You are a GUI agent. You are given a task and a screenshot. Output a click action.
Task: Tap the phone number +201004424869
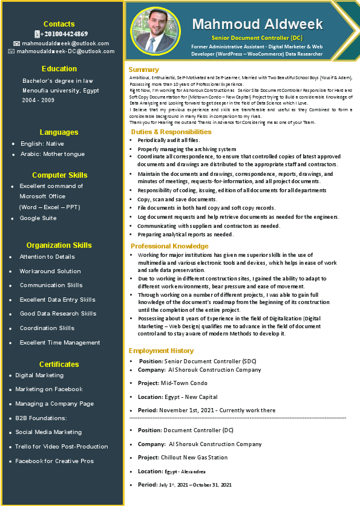click(64, 34)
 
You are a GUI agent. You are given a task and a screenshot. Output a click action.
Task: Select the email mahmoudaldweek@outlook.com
click(65, 44)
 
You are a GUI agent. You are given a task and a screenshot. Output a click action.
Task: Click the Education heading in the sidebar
click(59, 69)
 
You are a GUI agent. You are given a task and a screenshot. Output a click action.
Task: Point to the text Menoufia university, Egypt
click(61, 90)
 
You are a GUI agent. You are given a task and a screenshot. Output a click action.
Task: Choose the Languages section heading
click(59, 132)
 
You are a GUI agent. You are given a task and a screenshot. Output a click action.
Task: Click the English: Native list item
click(42, 144)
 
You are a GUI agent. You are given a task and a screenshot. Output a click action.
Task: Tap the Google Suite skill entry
click(38, 218)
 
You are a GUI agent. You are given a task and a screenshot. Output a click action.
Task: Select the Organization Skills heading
click(59, 245)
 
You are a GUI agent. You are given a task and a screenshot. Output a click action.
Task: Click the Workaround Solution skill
click(50, 271)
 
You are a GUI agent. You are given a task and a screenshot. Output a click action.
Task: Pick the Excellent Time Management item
click(60, 343)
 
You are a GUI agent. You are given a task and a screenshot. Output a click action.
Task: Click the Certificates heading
click(59, 365)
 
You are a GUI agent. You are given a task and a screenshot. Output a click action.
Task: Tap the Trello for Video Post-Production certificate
click(62, 447)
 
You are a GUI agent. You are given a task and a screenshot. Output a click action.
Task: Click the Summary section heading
click(144, 70)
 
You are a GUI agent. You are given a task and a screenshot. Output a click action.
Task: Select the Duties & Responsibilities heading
click(171, 132)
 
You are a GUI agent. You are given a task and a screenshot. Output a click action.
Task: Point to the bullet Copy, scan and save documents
click(177, 199)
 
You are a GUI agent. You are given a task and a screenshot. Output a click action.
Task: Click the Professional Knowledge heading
click(169, 247)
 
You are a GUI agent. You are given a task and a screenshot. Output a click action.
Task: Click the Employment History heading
click(161, 351)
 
